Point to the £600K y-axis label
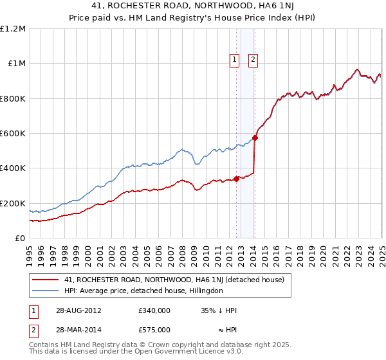click(x=14, y=134)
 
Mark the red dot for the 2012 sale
click(x=236, y=179)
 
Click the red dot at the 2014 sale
click(x=255, y=138)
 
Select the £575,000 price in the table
click(x=154, y=329)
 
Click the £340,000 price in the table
click(x=154, y=310)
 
